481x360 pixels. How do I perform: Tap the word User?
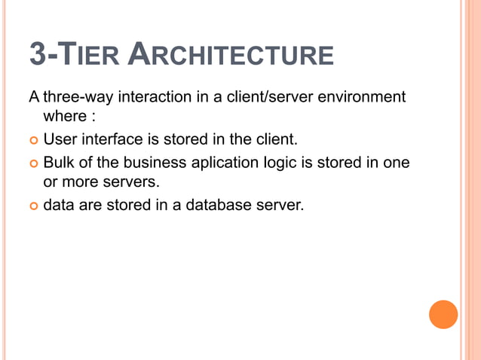pos(60,139)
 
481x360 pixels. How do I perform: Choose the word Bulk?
pos(59,161)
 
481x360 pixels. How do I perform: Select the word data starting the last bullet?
pos(58,203)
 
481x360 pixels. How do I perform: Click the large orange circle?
pos(443,314)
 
